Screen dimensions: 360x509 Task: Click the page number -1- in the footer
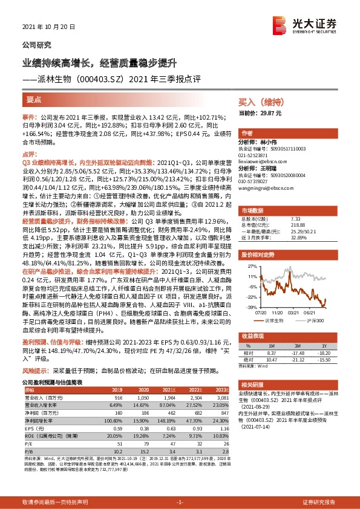pos(180,502)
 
